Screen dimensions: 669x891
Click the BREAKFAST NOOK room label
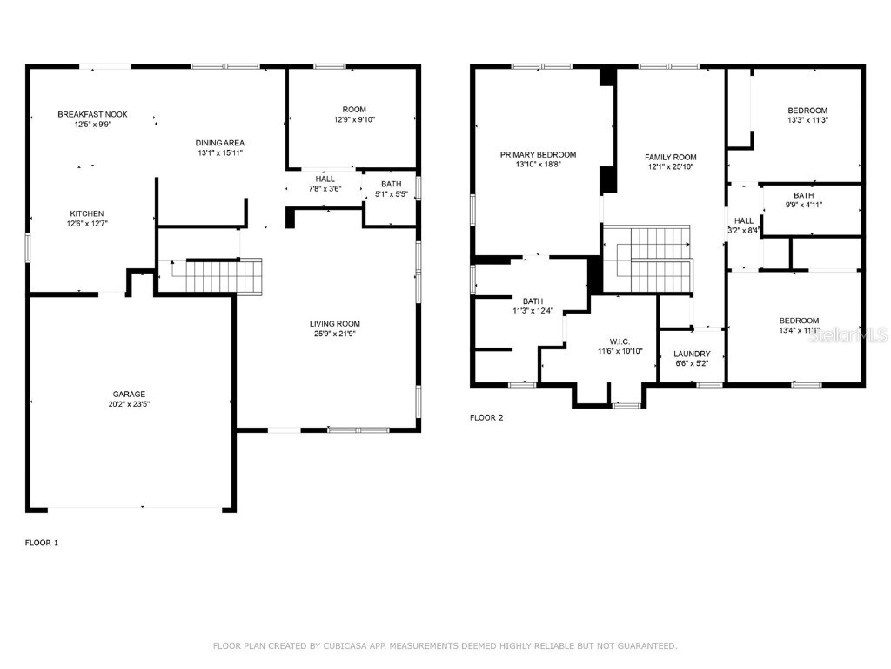(x=92, y=114)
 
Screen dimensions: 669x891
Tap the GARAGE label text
(x=129, y=394)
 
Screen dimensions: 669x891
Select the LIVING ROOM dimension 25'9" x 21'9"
(x=335, y=334)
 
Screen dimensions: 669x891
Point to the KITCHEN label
(x=87, y=213)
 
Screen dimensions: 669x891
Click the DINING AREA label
(x=219, y=142)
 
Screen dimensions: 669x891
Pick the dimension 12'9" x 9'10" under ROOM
(x=353, y=119)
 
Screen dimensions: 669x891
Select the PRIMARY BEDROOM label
(x=538, y=154)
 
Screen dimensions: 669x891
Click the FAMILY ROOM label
(x=670, y=157)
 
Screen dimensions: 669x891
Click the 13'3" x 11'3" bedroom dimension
(x=807, y=120)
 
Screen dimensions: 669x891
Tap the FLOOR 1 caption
(x=42, y=543)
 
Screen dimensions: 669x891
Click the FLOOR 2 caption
(x=486, y=417)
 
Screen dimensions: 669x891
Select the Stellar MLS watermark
(x=847, y=334)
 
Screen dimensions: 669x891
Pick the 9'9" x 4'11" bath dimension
(x=803, y=206)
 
